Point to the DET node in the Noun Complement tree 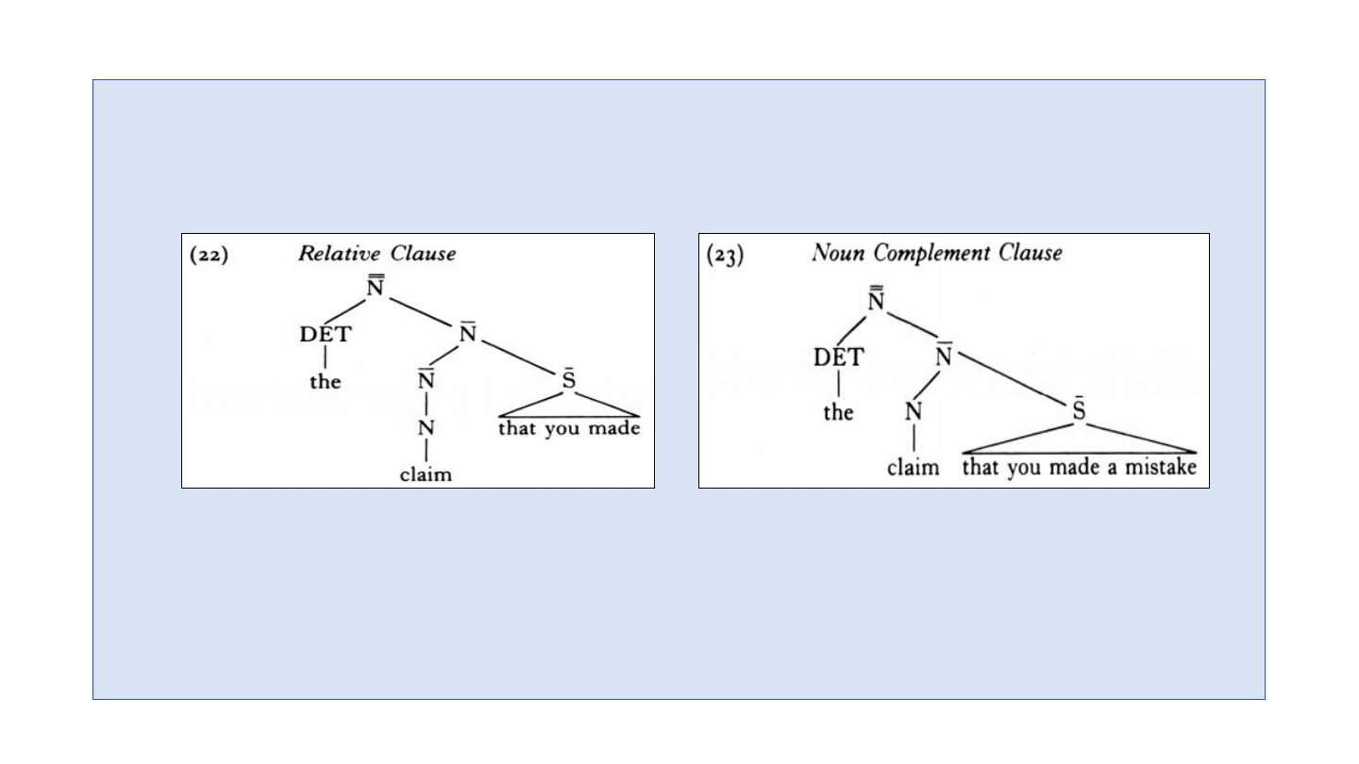(837, 357)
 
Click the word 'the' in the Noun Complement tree (838, 412)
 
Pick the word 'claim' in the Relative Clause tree (426, 474)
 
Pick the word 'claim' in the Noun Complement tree (913, 468)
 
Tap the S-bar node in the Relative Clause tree (568, 381)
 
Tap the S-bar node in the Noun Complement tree (1080, 410)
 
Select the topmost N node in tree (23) (877, 299)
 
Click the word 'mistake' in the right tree (1164, 468)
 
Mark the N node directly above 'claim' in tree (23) (913, 412)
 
